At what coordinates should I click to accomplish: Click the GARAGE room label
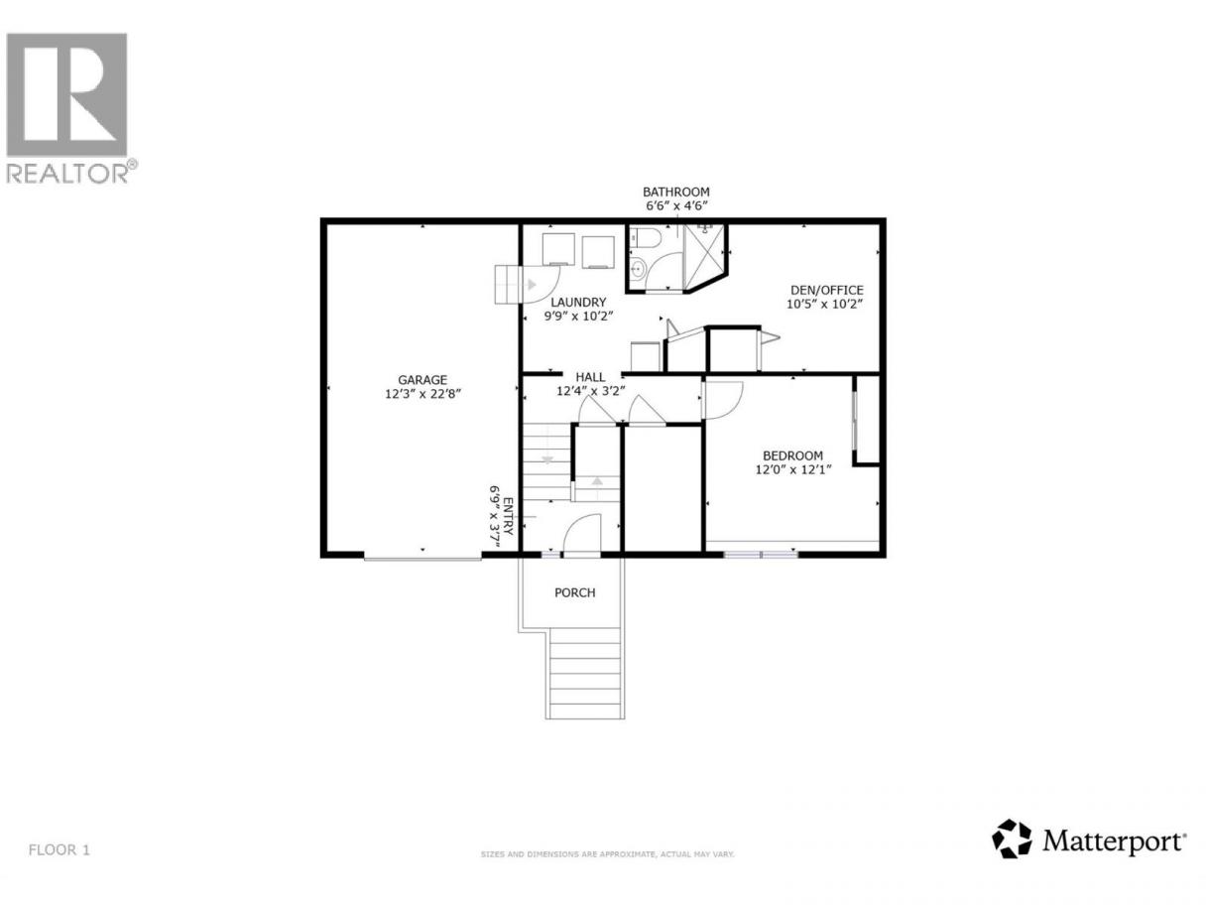click(422, 380)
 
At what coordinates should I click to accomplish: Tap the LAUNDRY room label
click(578, 303)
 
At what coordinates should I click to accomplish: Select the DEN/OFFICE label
click(827, 290)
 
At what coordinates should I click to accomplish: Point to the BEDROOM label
click(792, 455)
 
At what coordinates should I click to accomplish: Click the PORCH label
click(574, 592)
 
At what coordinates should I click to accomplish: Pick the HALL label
click(590, 377)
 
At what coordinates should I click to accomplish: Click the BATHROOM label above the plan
click(675, 192)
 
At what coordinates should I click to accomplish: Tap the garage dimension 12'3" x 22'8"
click(422, 394)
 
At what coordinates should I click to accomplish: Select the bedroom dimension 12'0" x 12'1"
click(792, 469)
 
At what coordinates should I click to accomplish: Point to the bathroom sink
click(638, 269)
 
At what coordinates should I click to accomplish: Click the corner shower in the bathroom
click(704, 256)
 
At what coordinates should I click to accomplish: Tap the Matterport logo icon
click(1012, 854)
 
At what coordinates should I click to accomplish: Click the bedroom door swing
click(722, 400)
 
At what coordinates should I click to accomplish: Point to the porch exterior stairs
click(585, 673)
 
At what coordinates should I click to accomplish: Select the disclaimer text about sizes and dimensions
click(608, 869)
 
